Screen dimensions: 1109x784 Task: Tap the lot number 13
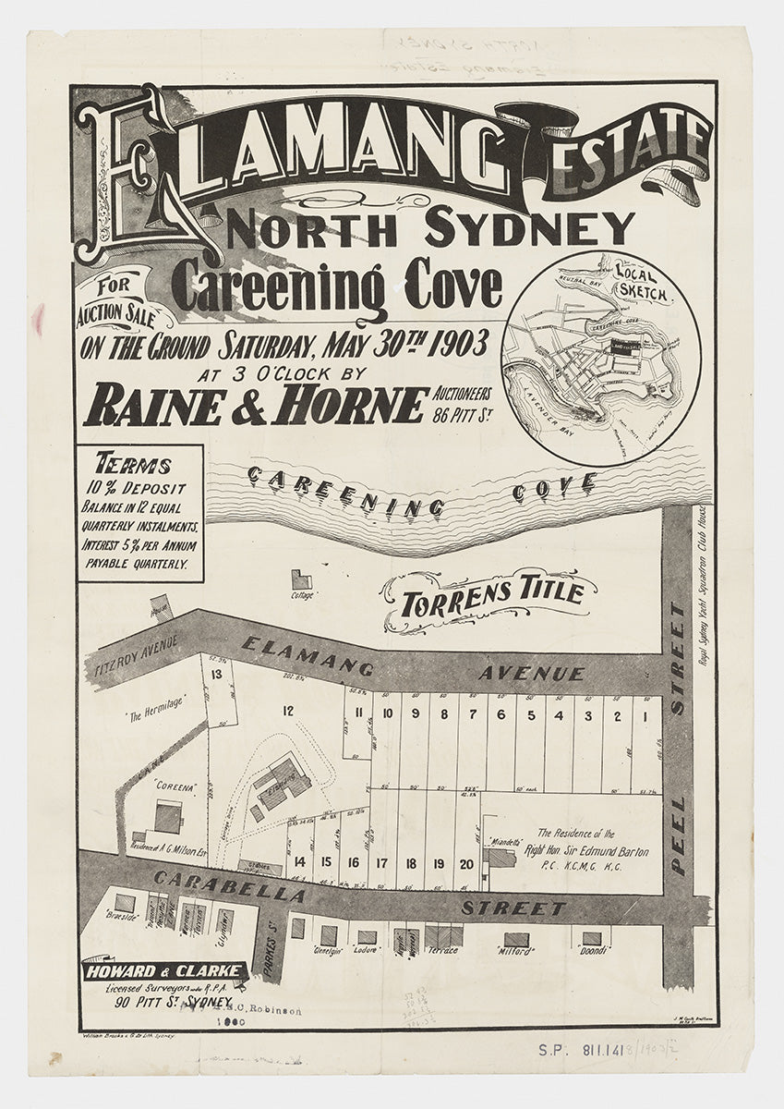(x=216, y=674)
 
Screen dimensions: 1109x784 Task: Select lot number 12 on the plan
(x=288, y=711)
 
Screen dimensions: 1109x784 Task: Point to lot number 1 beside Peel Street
(x=645, y=715)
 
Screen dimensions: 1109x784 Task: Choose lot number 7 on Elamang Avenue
(x=472, y=714)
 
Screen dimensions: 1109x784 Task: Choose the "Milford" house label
(x=514, y=950)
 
